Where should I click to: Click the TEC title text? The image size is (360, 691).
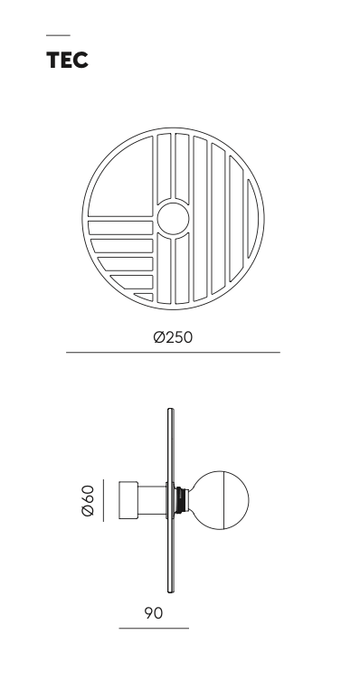[x=67, y=60]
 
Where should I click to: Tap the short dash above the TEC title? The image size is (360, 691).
[x=58, y=35]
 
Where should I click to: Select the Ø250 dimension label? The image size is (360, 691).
[x=173, y=337]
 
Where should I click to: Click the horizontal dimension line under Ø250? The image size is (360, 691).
[x=173, y=353]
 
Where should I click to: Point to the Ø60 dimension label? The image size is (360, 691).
[x=88, y=500]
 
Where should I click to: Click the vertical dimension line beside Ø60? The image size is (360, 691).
[x=103, y=500]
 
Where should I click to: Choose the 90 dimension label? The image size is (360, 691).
[x=154, y=613]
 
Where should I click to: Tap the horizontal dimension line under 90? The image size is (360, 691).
[x=154, y=628]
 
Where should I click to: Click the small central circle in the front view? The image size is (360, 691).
[x=173, y=219]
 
